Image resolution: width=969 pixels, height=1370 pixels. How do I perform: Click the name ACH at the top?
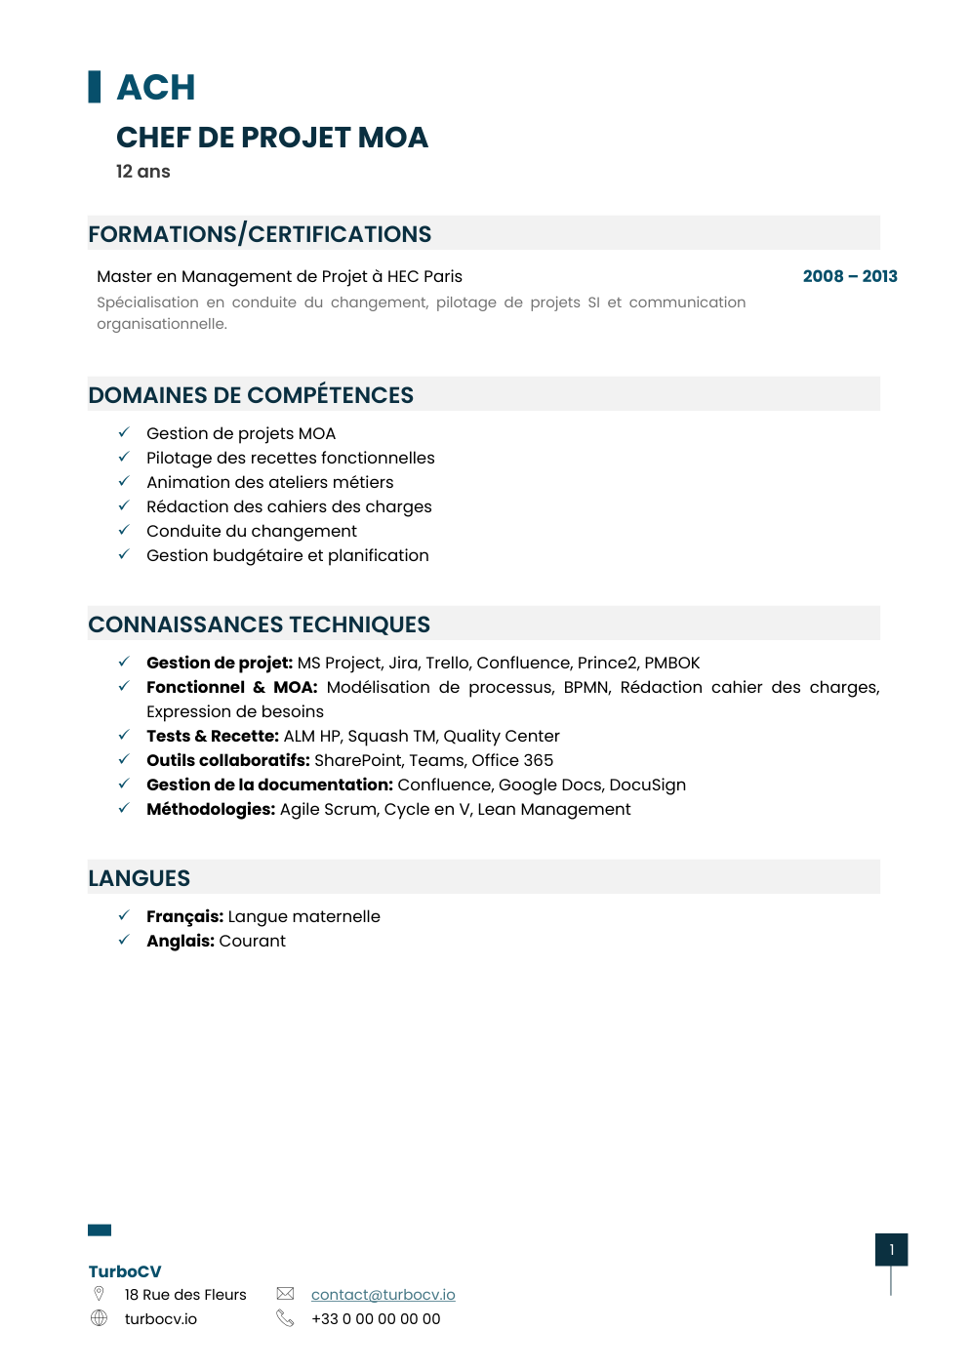(156, 88)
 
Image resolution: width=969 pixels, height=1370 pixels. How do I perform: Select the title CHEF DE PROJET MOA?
(271, 138)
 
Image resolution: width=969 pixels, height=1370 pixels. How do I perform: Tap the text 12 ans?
(142, 172)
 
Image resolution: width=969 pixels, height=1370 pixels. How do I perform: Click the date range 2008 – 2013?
(849, 276)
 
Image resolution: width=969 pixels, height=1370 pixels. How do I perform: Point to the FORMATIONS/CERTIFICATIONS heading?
(260, 234)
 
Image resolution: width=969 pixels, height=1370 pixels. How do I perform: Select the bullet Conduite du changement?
(251, 531)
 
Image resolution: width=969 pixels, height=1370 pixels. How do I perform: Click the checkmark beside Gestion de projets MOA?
(124, 432)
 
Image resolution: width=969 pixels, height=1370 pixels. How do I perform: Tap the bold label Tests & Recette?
(213, 736)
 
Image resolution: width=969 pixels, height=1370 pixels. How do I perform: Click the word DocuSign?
(647, 785)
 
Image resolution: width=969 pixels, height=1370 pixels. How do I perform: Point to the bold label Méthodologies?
(211, 809)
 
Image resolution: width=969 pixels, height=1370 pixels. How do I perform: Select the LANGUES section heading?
(140, 878)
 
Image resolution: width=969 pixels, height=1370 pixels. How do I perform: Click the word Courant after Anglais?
(252, 941)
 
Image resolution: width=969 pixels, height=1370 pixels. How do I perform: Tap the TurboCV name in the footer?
(125, 1271)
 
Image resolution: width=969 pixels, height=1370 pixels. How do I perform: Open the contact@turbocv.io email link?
(383, 1295)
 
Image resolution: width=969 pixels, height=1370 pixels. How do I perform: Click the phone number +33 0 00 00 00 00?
(376, 1319)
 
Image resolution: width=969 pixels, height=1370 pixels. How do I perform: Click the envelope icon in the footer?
(285, 1294)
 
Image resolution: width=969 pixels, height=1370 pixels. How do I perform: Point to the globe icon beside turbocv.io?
(99, 1318)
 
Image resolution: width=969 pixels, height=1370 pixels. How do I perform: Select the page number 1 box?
(891, 1250)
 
